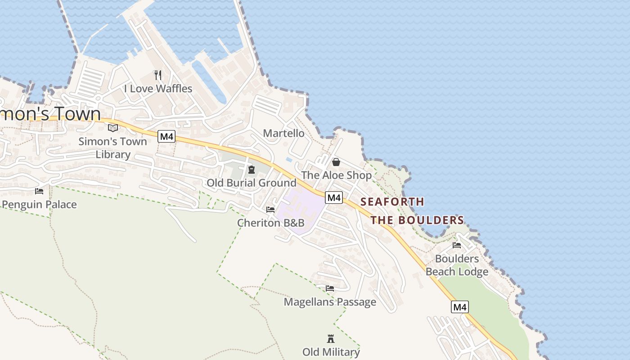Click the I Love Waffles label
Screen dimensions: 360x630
(x=158, y=89)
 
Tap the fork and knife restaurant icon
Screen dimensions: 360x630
(x=158, y=75)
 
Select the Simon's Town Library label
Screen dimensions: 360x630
(x=112, y=148)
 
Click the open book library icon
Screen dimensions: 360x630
(x=113, y=128)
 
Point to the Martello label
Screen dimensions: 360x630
(x=283, y=133)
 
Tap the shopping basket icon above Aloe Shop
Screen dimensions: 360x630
(x=336, y=162)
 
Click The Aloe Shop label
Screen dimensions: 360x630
(x=337, y=175)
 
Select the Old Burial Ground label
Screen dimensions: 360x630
(x=251, y=183)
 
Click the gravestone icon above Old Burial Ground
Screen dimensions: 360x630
(x=251, y=169)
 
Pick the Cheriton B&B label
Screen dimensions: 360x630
(x=271, y=223)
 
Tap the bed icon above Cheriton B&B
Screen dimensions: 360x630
(x=270, y=210)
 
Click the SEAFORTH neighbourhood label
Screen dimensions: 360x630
(x=392, y=202)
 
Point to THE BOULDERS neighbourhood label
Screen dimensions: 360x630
(x=417, y=220)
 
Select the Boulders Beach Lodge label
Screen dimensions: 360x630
(x=457, y=265)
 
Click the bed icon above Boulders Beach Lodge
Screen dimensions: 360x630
(x=457, y=245)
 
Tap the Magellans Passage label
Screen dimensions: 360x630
(x=330, y=301)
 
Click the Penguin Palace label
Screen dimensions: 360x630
(x=39, y=204)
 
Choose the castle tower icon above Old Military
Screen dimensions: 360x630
(x=331, y=338)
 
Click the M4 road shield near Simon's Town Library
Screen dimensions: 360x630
(x=166, y=136)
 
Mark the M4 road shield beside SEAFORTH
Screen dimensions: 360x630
(x=334, y=197)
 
